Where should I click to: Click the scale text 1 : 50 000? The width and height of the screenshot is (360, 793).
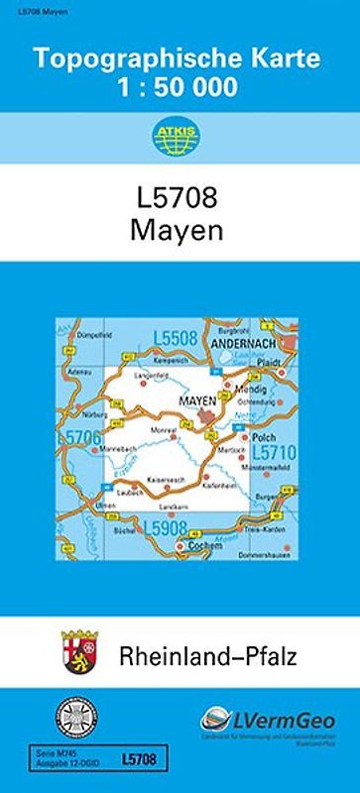[x=180, y=87]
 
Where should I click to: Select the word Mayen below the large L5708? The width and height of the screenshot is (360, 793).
[x=180, y=231]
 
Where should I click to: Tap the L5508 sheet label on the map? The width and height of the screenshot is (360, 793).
[x=175, y=339]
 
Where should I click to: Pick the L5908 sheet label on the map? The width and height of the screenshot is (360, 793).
[x=166, y=527]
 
